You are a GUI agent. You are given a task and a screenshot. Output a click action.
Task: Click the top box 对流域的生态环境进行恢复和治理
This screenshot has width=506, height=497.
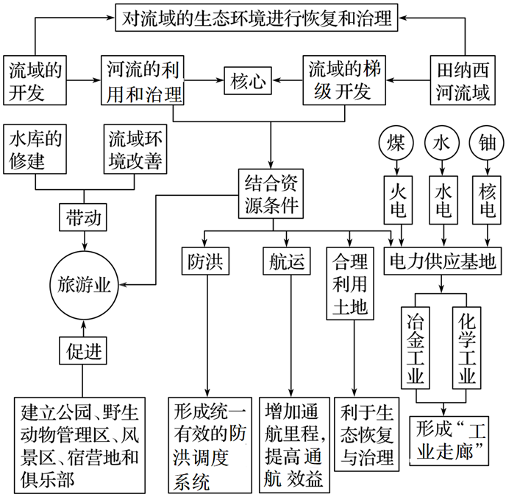[x=256, y=19]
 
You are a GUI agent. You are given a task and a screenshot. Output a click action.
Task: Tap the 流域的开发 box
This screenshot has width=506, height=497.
[x=33, y=80]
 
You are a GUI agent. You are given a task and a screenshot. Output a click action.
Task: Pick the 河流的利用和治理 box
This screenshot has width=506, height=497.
[x=141, y=80]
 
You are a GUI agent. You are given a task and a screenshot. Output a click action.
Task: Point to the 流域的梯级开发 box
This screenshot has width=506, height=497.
[x=346, y=80]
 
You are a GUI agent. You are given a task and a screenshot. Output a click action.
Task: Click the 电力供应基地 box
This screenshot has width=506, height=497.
[x=443, y=261]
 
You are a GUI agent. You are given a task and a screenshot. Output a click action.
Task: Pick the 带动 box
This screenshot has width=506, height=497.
[x=85, y=219]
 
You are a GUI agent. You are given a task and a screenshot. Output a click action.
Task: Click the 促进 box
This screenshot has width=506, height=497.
[x=85, y=350]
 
